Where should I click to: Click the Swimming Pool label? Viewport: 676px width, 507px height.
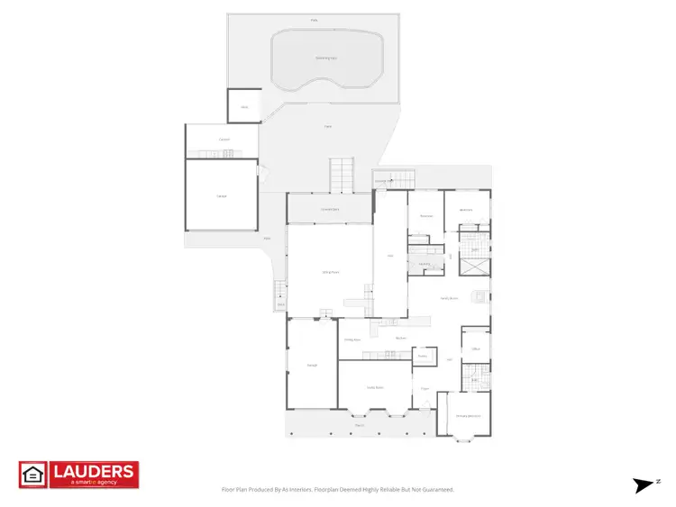click(326, 57)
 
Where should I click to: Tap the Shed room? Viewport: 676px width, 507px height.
click(243, 106)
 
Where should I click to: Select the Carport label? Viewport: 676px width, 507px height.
click(224, 140)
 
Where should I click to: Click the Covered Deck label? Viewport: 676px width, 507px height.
click(330, 209)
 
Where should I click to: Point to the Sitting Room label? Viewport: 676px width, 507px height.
click(330, 272)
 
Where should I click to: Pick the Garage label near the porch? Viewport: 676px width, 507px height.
click(312, 365)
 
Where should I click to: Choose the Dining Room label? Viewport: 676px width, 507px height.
click(352, 340)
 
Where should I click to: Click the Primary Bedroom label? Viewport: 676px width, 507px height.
click(467, 416)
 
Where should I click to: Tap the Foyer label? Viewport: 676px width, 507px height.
click(424, 389)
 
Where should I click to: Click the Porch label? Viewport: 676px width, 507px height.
click(359, 424)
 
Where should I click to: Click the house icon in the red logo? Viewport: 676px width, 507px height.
click(32, 475)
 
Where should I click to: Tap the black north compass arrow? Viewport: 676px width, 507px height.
click(644, 485)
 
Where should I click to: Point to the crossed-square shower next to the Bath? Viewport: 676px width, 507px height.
click(475, 266)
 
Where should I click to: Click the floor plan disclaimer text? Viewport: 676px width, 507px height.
click(337, 490)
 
